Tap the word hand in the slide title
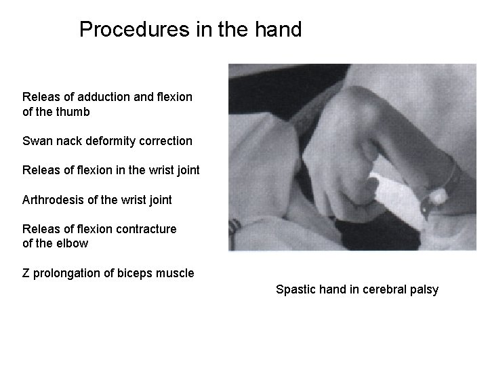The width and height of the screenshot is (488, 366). point(276,30)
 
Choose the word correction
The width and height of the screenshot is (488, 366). point(164,142)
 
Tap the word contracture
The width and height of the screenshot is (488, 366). point(148,229)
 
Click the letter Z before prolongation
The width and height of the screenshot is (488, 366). point(26,273)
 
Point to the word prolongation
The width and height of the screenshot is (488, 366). point(67,273)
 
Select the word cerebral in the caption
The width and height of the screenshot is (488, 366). point(384,290)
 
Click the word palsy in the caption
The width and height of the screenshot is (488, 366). point(424,290)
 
